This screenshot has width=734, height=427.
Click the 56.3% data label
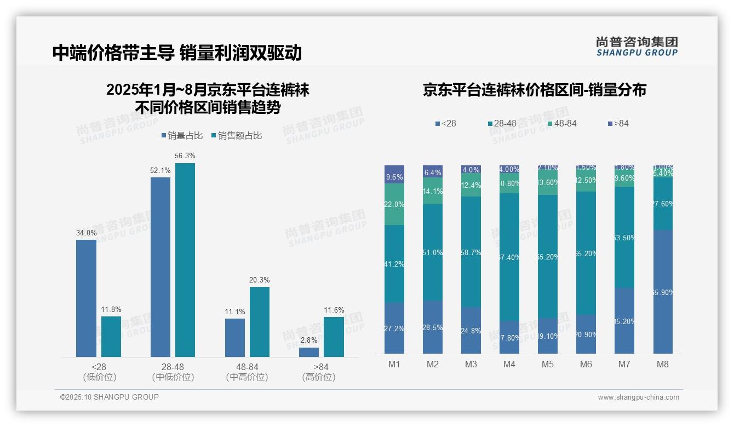click(x=185, y=156)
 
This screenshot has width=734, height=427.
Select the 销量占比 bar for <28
click(x=86, y=298)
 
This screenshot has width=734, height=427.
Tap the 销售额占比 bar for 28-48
click(x=185, y=260)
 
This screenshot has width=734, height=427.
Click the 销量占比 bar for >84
click(x=309, y=352)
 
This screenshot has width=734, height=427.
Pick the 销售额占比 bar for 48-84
click(x=260, y=322)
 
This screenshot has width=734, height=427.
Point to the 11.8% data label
click(x=111, y=309)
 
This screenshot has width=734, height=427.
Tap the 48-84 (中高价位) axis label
click(x=247, y=372)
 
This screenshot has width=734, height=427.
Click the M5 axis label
click(x=548, y=365)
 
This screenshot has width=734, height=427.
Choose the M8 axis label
click(x=663, y=365)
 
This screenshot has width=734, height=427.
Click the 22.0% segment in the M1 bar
click(x=394, y=204)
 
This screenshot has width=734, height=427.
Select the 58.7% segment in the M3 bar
click(x=471, y=252)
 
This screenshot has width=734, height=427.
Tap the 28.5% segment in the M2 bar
click(x=433, y=327)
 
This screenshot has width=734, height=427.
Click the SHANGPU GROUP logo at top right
click(x=636, y=47)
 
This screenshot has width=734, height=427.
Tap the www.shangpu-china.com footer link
click(x=638, y=397)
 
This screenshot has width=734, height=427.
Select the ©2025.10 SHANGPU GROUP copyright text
click(x=110, y=397)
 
